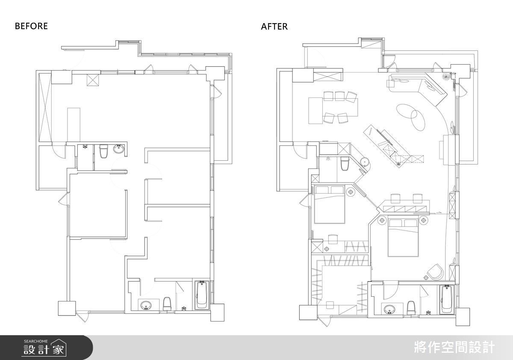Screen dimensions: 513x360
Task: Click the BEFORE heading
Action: pyautogui.click(x=31, y=26)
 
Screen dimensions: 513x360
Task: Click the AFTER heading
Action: pyautogui.click(x=274, y=27)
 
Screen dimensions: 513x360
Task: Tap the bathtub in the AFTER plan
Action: pyautogui.click(x=446, y=299)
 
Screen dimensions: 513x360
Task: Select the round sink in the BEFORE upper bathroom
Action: pyautogui.click(x=119, y=149)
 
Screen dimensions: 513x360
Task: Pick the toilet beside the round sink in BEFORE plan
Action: pyautogui.click(x=103, y=151)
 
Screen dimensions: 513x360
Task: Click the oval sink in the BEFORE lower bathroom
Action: pyautogui.click(x=146, y=305)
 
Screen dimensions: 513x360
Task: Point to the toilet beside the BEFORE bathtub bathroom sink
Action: pyautogui.click(x=168, y=304)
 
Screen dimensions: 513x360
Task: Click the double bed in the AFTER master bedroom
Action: pyautogui.click(x=403, y=237)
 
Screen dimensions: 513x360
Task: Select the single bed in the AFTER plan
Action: pyautogui.click(x=330, y=204)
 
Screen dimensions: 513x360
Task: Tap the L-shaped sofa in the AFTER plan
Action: pyautogui.click(x=419, y=89)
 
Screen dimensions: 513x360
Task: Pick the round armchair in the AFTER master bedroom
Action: pyautogui.click(x=436, y=272)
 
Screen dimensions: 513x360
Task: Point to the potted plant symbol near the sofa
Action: pyautogui.click(x=445, y=77)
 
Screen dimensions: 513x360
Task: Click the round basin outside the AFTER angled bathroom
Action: pyautogui.click(x=364, y=162)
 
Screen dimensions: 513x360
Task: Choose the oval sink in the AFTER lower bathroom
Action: pyautogui.click(x=389, y=310)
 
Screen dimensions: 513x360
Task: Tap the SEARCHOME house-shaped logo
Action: pyautogui.click(x=59, y=348)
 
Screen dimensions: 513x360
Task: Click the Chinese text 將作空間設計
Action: pyautogui.click(x=454, y=348)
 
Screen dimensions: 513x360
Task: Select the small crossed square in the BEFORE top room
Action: pyautogui.click(x=93, y=80)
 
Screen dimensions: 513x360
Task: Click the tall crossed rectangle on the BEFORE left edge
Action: pyautogui.click(x=45, y=107)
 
